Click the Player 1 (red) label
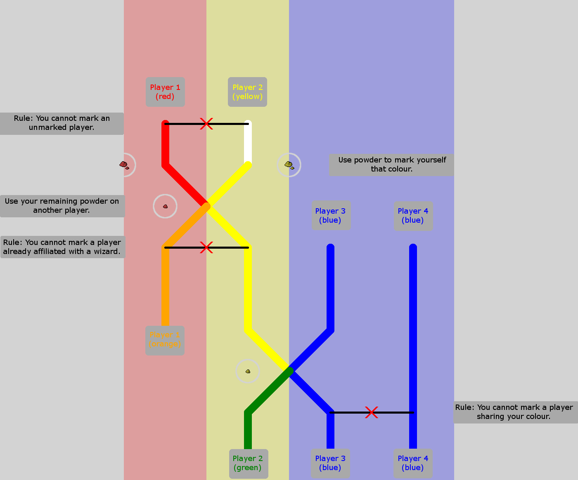(x=165, y=92)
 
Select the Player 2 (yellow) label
(x=247, y=92)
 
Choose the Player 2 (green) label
(x=248, y=463)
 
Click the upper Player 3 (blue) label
(x=331, y=215)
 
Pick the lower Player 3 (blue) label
(x=330, y=463)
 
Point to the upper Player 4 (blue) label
(x=413, y=215)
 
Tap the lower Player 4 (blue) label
(x=413, y=463)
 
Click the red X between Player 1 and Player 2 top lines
(x=206, y=124)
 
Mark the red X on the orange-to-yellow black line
(x=206, y=247)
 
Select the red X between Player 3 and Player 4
(x=372, y=412)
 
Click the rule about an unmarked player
(x=62, y=123)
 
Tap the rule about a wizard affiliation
(x=62, y=247)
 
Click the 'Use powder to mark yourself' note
(x=392, y=165)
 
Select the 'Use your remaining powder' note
(x=62, y=206)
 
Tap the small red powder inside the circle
(x=165, y=206)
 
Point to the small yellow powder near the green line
(x=248, y=371)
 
